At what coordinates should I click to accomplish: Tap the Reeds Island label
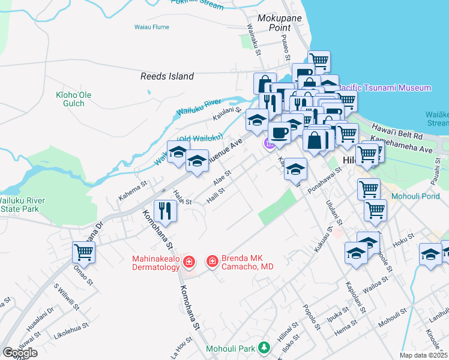[x=167, y=76]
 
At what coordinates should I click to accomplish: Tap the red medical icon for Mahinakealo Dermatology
[x=188, y=262]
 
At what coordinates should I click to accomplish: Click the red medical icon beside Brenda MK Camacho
[x=212, y=262]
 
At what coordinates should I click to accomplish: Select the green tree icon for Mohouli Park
[x=264, y=347]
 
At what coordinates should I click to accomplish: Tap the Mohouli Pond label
[x=415, y=196]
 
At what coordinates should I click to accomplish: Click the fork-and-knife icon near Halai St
[x=164, y=210]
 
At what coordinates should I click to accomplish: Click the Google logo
[x=20, y=353]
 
